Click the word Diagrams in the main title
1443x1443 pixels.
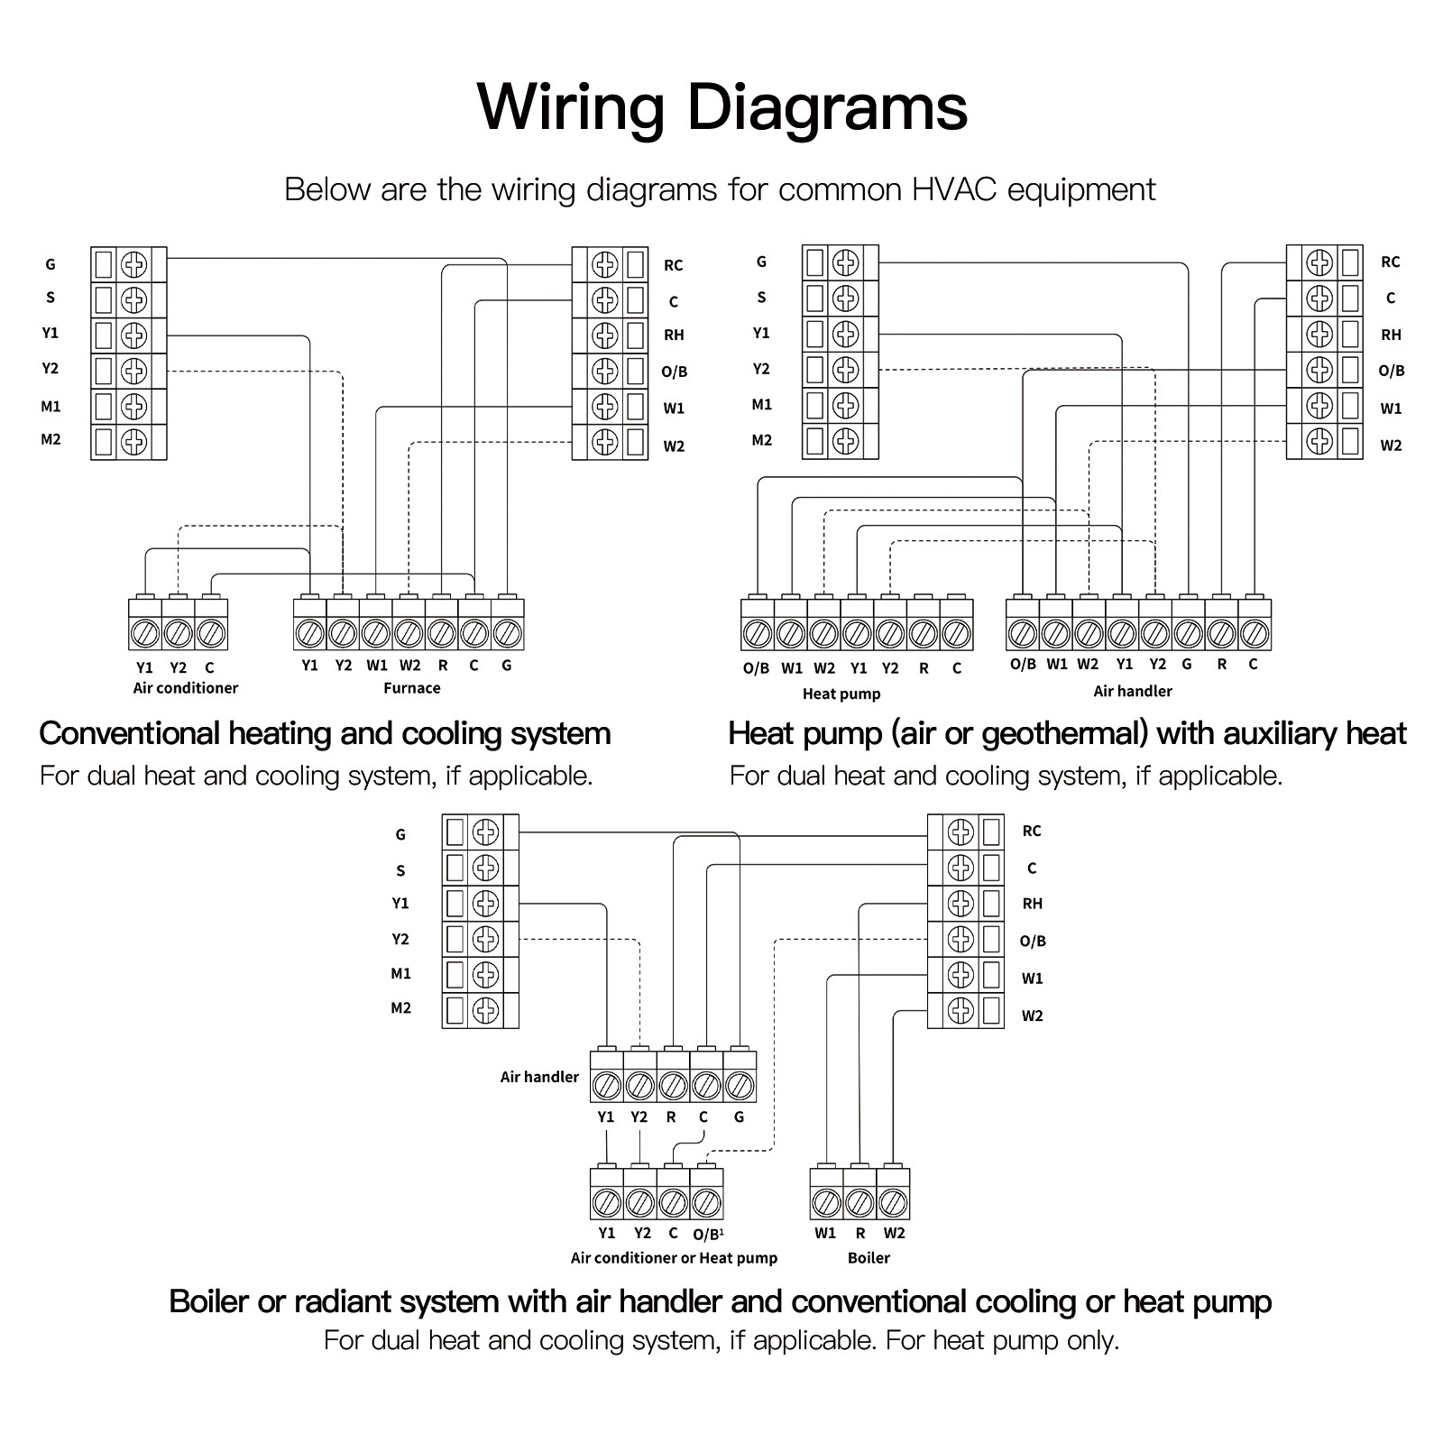click(827, 108)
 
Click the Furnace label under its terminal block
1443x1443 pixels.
click(411, 688)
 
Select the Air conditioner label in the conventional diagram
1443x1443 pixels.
click(186, 688)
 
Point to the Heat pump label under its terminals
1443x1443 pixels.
click(841, 694)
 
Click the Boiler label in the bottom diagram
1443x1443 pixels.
click(869, 1258)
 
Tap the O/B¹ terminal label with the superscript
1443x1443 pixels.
click(707, 1234)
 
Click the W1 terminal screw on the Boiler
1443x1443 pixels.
click(826, 1202)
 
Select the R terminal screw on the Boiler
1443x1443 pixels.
click(859, 1202)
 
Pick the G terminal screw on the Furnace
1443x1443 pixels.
click(507, 634)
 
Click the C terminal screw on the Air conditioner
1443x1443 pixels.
click(210, 634)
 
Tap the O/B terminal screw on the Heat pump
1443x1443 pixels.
click(757, 634)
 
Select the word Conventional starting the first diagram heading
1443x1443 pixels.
click(130, 734)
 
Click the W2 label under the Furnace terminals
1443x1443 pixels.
click(409, 666)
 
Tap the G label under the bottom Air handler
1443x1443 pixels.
click(739, 1117)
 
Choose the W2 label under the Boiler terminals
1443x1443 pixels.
click(894, 1234)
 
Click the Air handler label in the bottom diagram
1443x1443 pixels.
click(539, 1077)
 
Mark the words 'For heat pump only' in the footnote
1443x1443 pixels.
click(1002, 1340)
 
